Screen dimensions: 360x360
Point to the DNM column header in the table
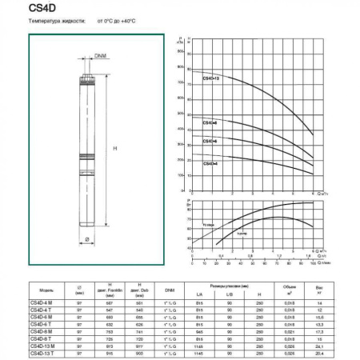(x=170, y=290)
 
